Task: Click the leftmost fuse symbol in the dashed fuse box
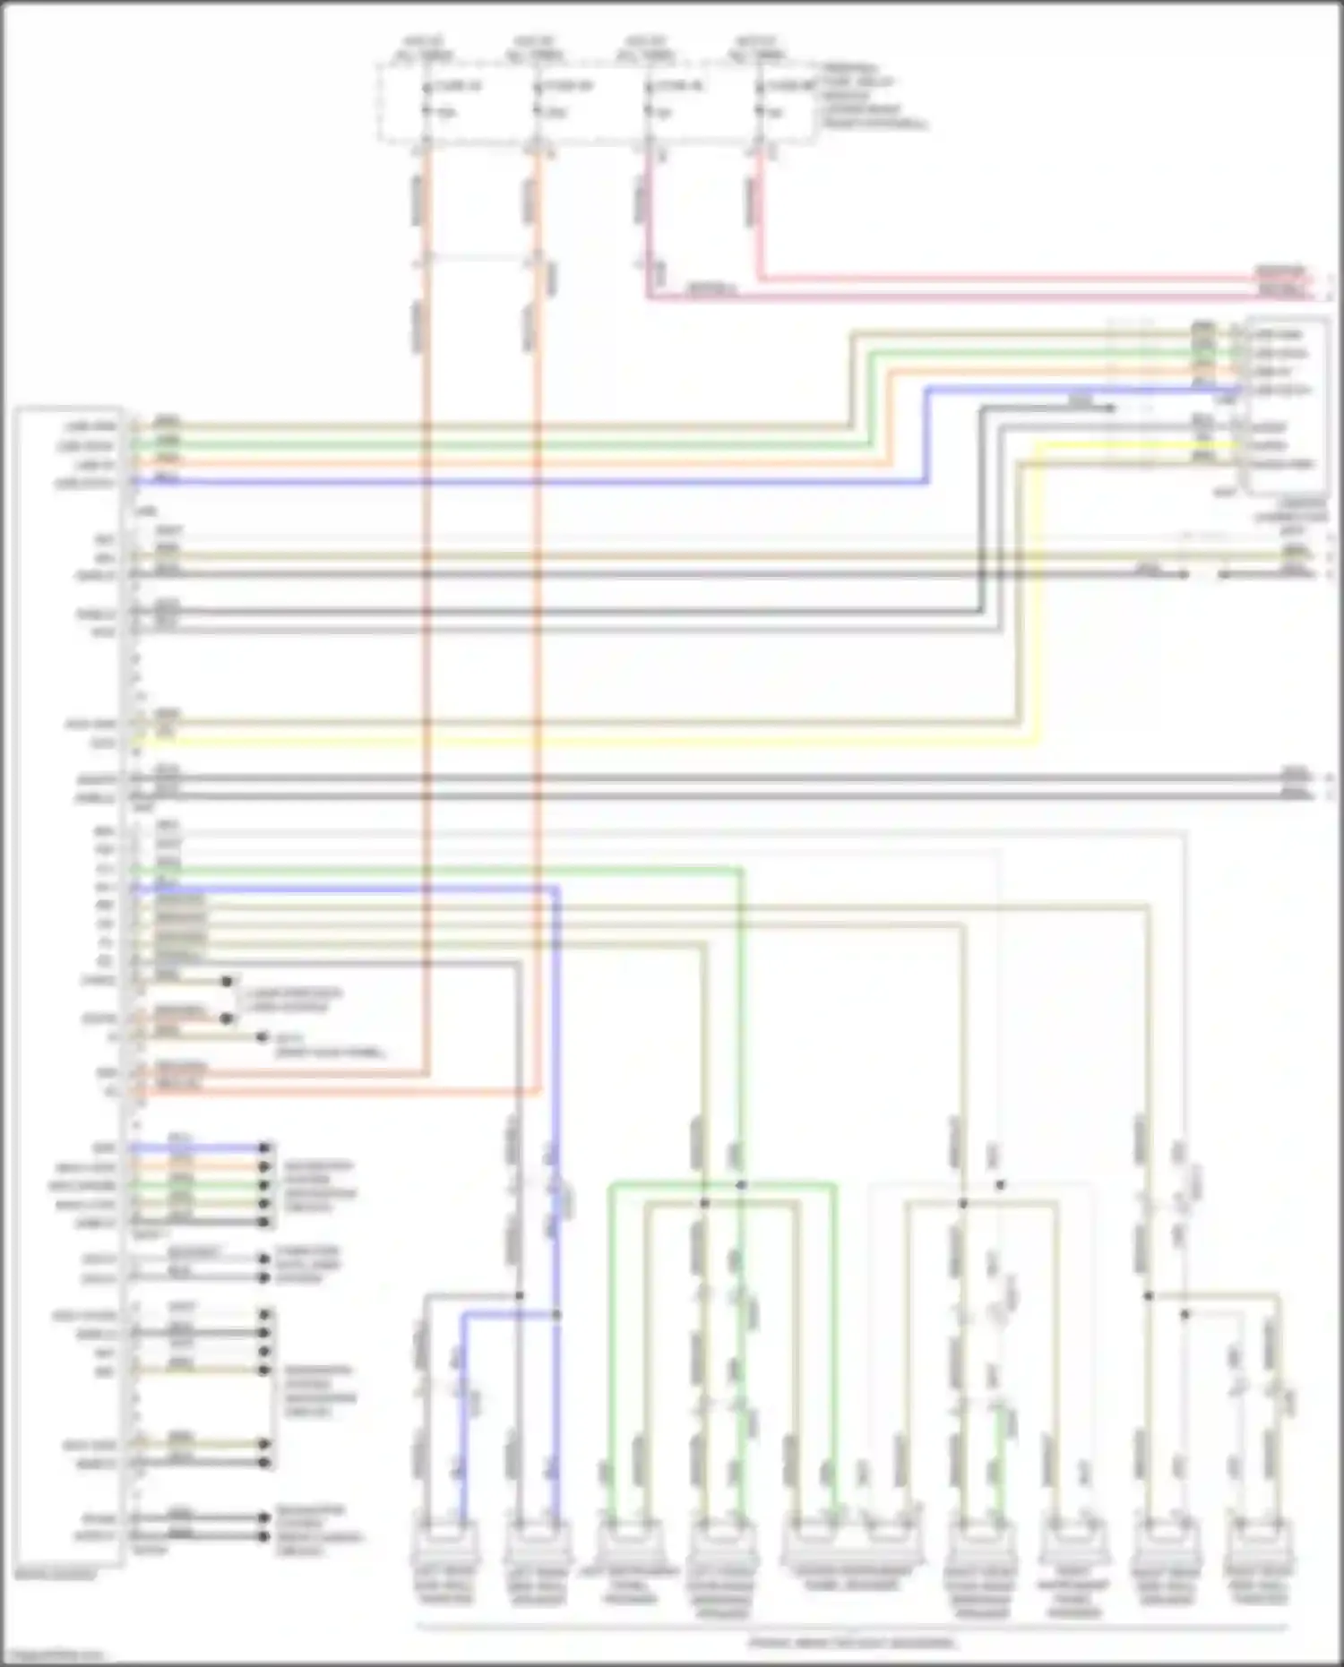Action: pyautogui.click(x=426, y=99)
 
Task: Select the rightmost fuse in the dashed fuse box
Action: pyautogui.click(x=760, y=99)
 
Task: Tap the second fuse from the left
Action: pyautogui.click(x=538, y=99)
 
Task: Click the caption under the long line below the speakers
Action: pyautogui.click(x=851, y=1643)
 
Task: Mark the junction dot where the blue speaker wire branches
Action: pyautogui.click(x=556, y=1315)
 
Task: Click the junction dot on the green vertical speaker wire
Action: pyautogui.click(x=741, y=1185)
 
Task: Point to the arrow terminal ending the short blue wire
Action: pyautogui.click(x=264, y=1148)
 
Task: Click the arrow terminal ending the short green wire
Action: pyautogui.click(x=264, y=1185)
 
